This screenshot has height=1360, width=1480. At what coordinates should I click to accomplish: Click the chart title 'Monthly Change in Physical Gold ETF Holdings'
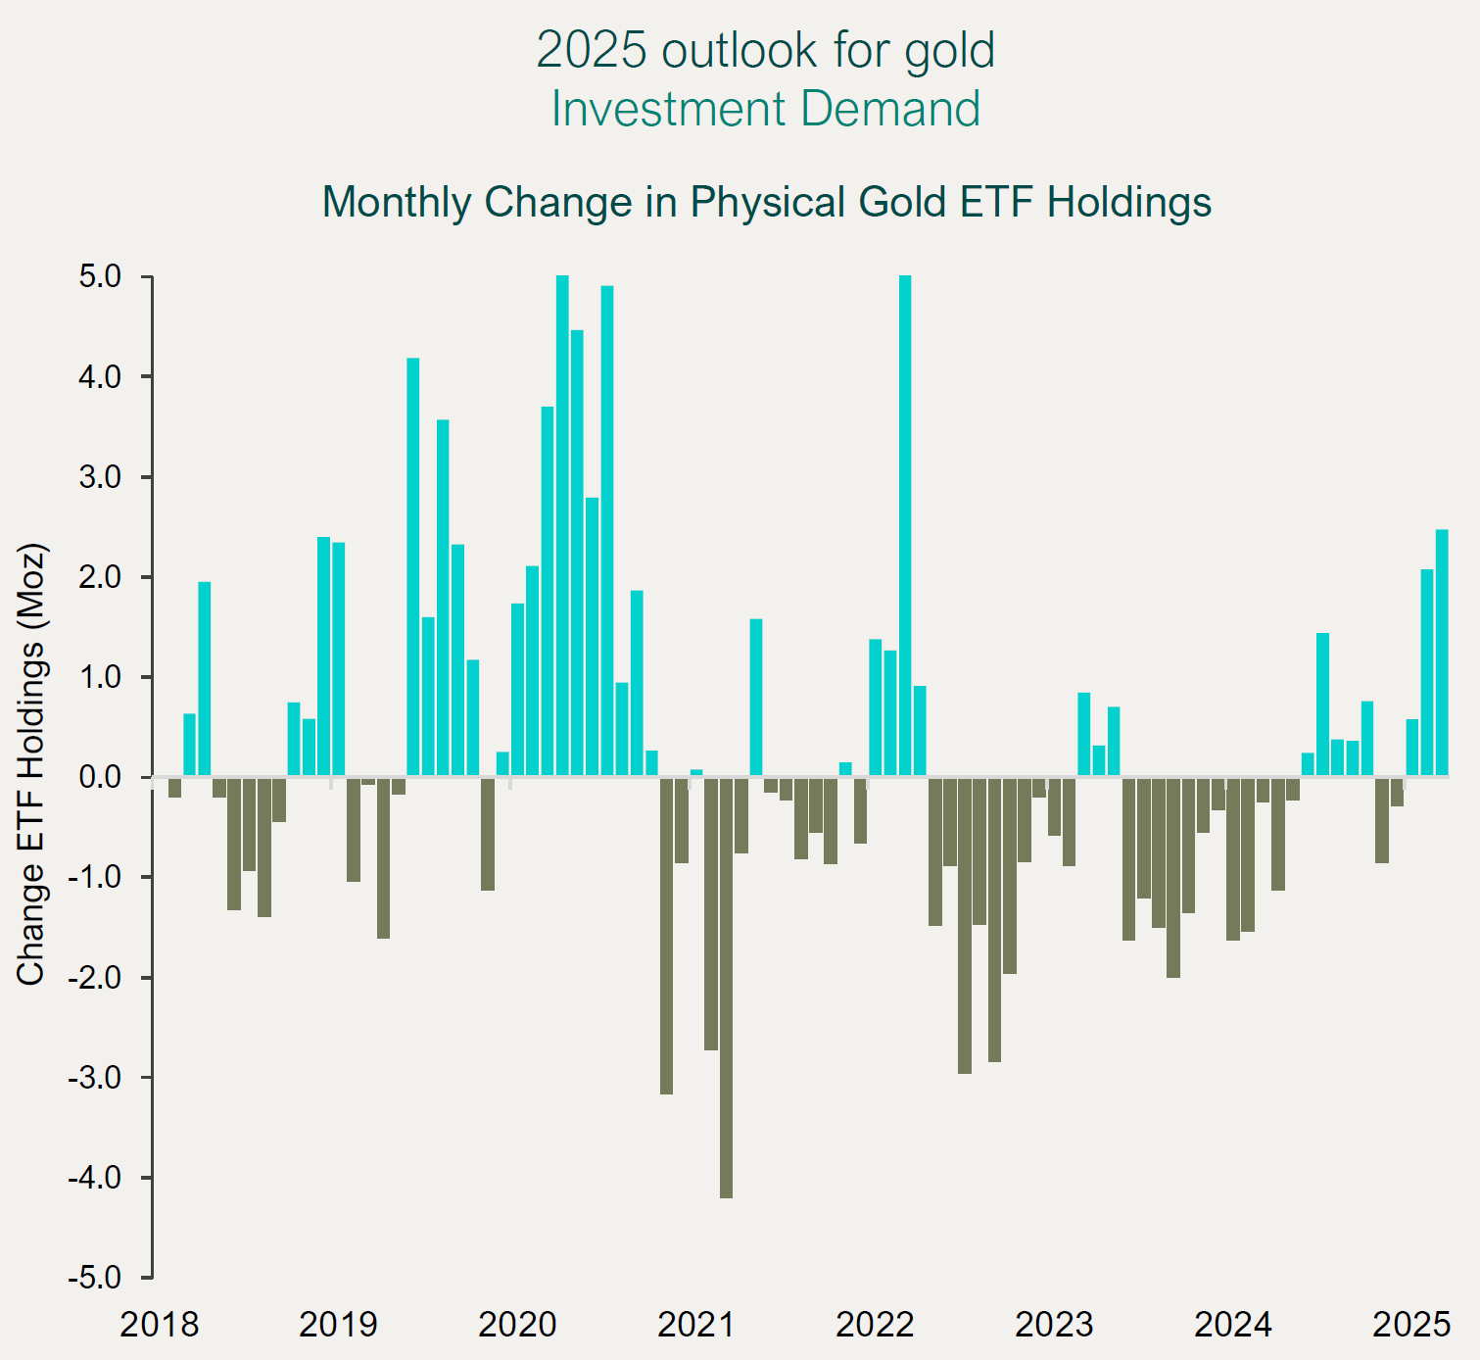click(766, 202)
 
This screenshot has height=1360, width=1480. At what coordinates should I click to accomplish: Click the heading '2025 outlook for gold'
click(765, 50)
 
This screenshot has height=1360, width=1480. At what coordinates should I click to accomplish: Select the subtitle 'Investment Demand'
click(765, 109)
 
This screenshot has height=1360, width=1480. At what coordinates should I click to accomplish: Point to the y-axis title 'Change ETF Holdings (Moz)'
click(31, 763)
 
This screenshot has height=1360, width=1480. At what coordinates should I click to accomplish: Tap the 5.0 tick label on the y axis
click(100, 277)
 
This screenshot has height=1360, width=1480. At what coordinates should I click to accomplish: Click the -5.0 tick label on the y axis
click(95, 1278)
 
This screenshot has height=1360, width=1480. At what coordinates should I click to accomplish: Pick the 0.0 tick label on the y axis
click(100, 777)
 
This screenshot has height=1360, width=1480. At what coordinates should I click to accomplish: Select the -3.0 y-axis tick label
click(95, 1078)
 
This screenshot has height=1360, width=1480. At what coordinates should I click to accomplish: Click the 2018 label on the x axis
click(159, 1325)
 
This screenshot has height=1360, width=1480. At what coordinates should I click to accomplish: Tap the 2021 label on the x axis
click(695, 1325)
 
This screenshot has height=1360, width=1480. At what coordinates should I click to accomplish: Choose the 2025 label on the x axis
click(1410, 1325)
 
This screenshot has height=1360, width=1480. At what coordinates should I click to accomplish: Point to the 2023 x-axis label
click(1054, 1325)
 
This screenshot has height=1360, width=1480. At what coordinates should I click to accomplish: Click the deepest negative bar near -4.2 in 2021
click(726, 988)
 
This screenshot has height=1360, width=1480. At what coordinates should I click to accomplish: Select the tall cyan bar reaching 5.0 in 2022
click(905, 526)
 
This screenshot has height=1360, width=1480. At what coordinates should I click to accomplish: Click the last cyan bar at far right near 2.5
click(1442, 653)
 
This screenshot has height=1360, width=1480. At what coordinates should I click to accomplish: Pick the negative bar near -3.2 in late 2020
click(666, 936)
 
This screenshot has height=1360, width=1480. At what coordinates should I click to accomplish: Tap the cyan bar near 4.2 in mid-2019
click(413, 567)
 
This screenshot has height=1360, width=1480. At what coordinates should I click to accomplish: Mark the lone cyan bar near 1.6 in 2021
click(756, 698)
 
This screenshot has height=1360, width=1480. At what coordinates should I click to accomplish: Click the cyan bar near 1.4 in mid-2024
click(1322, 704)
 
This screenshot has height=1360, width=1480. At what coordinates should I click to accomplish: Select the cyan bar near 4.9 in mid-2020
click(607, 531)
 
